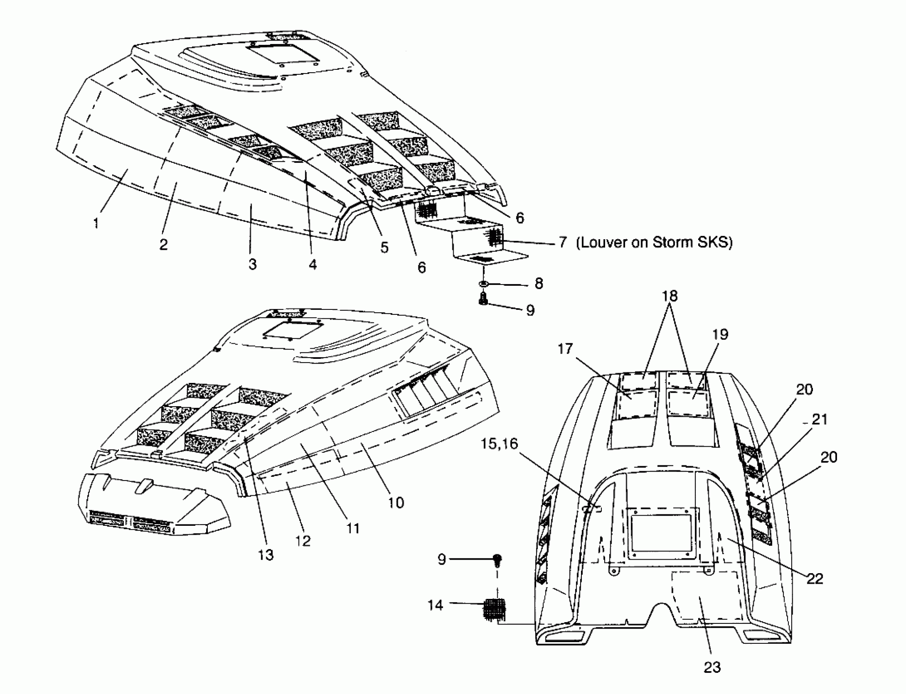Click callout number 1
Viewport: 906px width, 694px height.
(96, 223)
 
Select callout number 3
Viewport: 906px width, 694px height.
(252, 264)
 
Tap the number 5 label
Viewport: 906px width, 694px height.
(384, 247)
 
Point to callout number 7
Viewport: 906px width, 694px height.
(562, 242)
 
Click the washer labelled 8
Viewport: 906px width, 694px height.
(483, 284)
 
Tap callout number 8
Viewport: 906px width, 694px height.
(538, 284)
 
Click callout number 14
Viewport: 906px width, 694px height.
(435, 605)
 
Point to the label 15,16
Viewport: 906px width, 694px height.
(499, 444)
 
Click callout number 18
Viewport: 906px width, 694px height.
(670, 296)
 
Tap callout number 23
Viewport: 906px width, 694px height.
(711, 667)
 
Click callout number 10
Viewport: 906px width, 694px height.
(395, 503)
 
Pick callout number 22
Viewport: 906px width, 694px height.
(815, 579)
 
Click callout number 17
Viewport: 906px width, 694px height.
(565, 349)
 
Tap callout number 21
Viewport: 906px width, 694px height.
(820, 420)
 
